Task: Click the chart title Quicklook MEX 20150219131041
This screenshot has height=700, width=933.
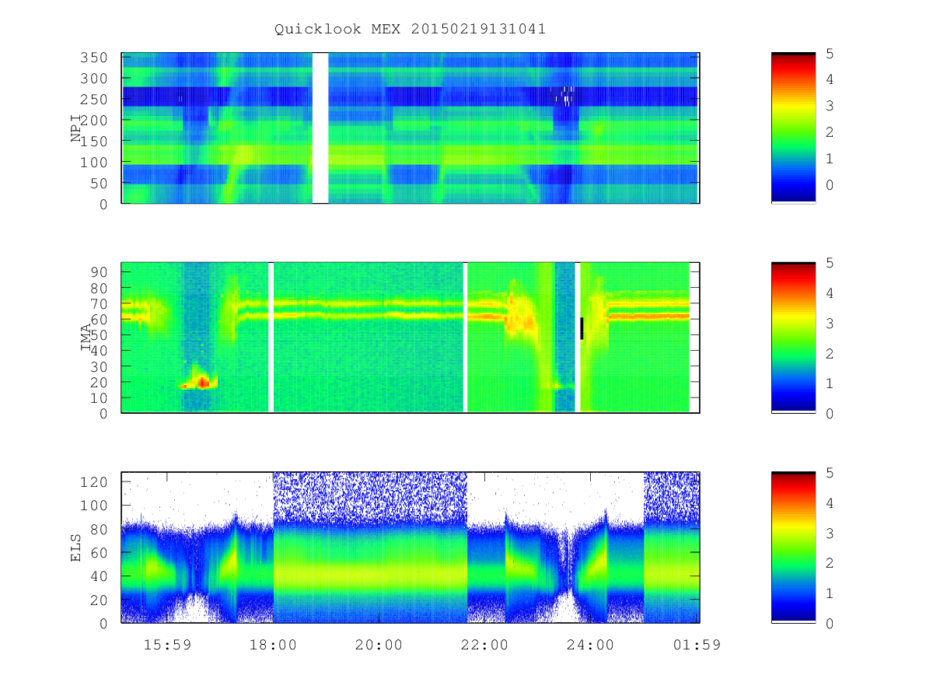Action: (410, 29)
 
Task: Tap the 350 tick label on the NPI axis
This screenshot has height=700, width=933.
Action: (94, 58)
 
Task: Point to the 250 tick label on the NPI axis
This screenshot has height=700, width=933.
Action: (94, 100)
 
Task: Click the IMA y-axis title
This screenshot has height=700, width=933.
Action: (86, 337)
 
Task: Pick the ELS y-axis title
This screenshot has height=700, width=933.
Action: (75, 548)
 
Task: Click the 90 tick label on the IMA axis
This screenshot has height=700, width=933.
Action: (99, 272)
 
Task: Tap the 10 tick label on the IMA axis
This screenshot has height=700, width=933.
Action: (99, 398)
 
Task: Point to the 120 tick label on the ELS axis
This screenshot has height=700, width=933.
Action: (94, 482)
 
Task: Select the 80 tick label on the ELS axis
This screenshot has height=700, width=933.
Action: (99, 530)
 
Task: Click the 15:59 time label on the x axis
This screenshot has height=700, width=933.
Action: (167, 645)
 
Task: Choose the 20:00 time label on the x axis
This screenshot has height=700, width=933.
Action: (379, 645)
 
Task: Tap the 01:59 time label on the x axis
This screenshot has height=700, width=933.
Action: (697, 645)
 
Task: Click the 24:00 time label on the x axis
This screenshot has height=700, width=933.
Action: (590, 645)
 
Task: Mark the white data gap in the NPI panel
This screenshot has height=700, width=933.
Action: (320, 128)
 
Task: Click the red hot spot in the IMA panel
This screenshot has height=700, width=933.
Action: (203, 382)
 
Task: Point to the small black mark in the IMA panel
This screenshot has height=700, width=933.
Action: (582, 328)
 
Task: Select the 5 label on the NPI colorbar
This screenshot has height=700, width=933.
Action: (830, 54)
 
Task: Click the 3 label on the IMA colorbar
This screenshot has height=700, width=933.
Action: (830, 324)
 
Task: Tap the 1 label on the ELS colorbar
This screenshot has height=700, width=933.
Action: (830, 593)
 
